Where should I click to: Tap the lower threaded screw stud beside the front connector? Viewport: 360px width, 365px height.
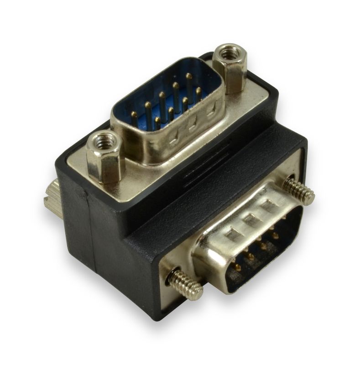click(185, 284)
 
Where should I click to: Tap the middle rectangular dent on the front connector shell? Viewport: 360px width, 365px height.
click(252, 220)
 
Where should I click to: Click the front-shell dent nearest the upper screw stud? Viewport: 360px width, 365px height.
click(270, 206)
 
